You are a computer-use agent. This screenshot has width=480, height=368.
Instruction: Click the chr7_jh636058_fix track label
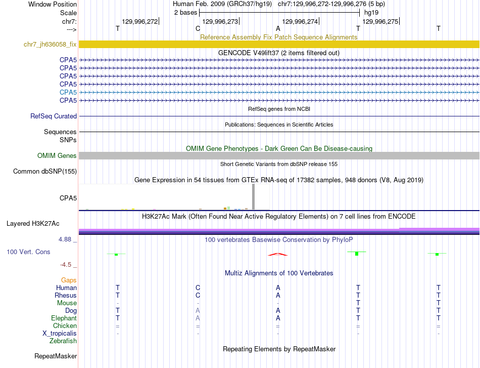coord(50,44)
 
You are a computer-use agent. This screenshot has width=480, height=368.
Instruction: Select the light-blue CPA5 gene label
coord(68,92)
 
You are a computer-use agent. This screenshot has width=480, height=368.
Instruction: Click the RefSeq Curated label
coord(54,116)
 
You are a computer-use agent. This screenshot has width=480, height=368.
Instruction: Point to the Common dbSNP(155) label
coord(45,171)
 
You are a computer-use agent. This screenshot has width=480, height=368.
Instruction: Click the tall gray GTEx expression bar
coord(253,196)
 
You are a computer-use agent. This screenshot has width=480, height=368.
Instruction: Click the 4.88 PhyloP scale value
coord(68,239)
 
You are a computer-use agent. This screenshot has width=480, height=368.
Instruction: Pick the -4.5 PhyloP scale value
coord(68,264)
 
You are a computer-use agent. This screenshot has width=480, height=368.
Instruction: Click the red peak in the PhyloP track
coord(277,254)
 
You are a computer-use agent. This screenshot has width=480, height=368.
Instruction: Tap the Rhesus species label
coord(66,295)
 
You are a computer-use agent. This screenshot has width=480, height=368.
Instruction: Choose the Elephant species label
coord(64,318)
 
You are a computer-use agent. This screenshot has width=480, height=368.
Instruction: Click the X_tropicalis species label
coord(60,334)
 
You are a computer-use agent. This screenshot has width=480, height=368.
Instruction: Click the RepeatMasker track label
coord(55,356)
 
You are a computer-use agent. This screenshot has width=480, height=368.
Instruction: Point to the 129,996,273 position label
coord(220,21)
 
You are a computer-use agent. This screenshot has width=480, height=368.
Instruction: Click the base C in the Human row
coord(198,288)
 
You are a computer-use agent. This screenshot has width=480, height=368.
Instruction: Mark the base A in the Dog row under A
coord(278,310)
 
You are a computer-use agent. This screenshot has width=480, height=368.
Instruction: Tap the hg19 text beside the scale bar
coord(371,12)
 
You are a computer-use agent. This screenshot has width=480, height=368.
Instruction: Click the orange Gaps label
coord(69,280)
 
